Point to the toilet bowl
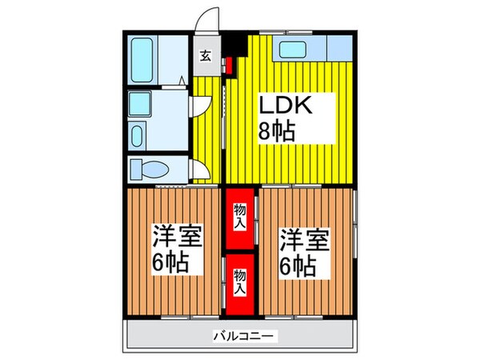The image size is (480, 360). [x=151, y=170]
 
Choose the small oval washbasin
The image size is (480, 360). [x=137, y=134]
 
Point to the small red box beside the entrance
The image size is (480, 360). [x=227, y=64]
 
